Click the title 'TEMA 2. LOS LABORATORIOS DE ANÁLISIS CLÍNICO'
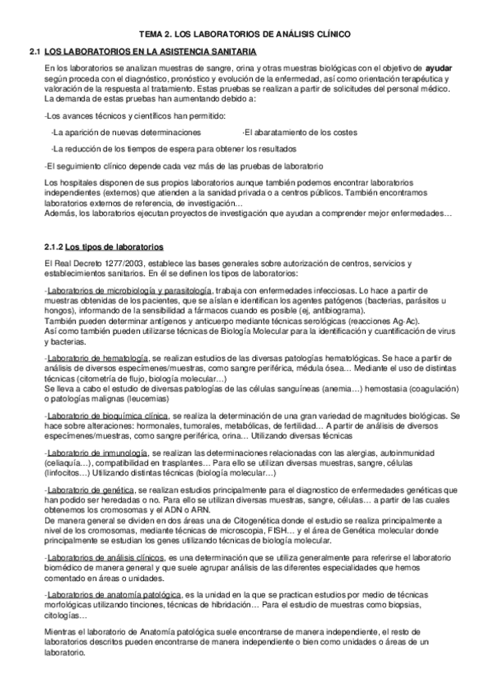(245, 34)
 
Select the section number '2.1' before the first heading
(34, 51)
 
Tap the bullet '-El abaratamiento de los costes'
(299, 132)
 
